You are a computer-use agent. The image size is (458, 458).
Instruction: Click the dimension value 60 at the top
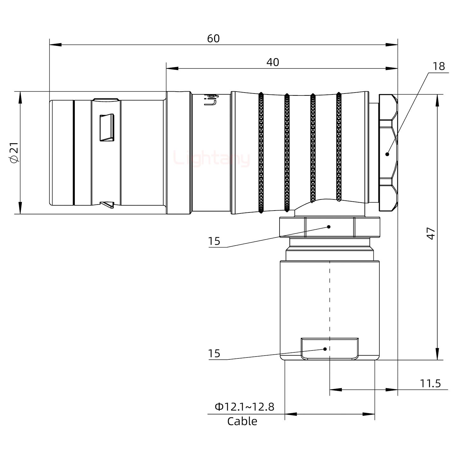[213, 38]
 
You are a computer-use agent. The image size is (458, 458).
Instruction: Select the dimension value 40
[273, 62]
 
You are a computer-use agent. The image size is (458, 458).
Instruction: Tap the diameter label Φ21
[15, 153]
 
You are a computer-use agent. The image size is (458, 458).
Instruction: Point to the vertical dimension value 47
[431, 233]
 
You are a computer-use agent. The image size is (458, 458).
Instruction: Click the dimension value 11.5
[430, 384]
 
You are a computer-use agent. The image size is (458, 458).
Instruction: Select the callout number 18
[439, 66]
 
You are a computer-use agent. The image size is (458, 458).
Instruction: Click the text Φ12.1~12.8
[244, 407]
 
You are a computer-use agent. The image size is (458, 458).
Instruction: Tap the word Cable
[242, 421]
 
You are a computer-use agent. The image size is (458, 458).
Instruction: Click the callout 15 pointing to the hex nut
[214, 241]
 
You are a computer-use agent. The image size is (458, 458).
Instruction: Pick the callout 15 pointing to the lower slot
[214, 354]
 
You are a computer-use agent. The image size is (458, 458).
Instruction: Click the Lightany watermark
[212, 159]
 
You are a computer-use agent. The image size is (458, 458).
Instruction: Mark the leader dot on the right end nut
[387, 154]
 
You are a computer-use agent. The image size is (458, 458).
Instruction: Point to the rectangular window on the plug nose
[107, 128]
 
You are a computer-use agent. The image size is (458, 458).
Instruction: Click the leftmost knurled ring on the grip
[261, 153]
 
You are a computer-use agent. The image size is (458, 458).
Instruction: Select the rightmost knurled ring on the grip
[339, 147]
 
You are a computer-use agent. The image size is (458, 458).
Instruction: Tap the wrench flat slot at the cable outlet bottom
[330, 349]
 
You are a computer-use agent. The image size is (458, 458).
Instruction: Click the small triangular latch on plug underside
[107, 205]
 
